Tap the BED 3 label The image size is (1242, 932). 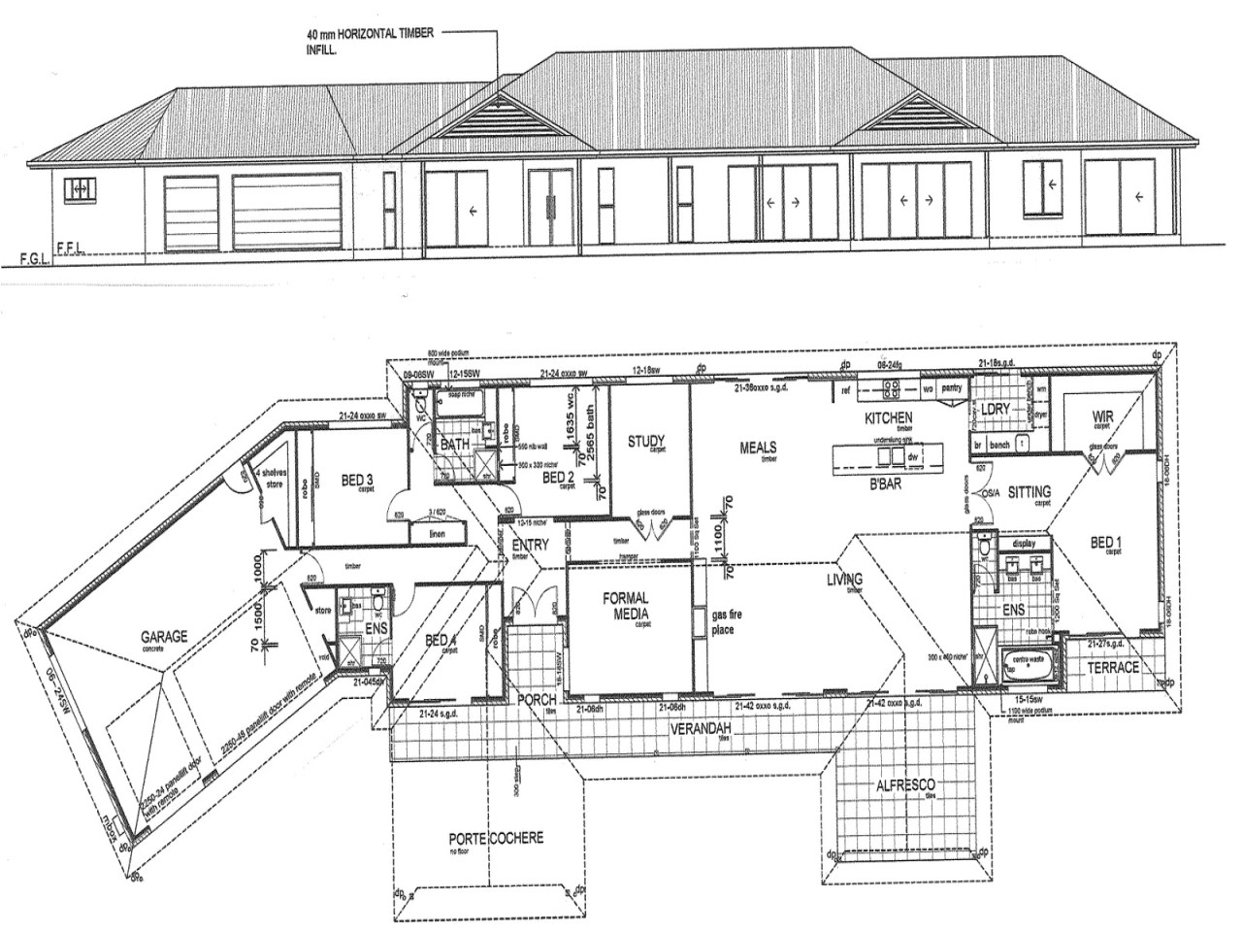(x=357, y=480)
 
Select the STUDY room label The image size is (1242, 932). (x=645, y=443)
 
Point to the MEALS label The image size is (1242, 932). (x=759, y=448)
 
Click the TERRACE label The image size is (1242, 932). (x=1112, y=668)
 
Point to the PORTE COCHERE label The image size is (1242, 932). (x=496, y=838)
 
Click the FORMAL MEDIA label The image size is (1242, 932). (x=625, y=607)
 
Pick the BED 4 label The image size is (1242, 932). (x=441, y=641)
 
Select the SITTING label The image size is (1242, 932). (x=1030, y=491)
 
